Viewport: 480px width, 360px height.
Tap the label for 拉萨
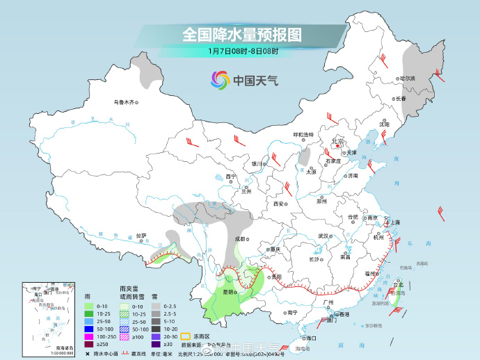[141, 236]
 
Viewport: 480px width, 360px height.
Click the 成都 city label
[241, 238]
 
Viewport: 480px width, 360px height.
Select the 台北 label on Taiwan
[398, 285]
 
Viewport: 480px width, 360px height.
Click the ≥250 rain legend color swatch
[89, 344]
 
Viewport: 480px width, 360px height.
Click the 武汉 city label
[323, 236]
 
